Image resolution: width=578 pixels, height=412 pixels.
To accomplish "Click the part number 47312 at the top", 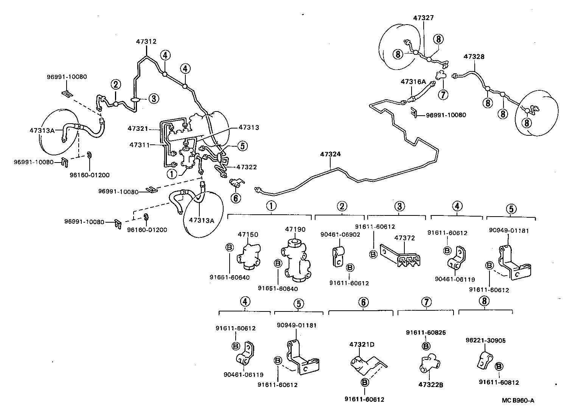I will point(146,42).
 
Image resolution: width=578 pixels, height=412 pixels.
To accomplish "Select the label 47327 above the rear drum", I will point(423,18).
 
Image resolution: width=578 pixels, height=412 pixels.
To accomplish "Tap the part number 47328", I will point(474,57).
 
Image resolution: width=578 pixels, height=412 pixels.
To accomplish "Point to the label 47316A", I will point(413,81).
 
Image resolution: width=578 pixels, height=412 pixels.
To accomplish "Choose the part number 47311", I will point(140,145).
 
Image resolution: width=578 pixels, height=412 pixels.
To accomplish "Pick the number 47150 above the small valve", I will point(248,235).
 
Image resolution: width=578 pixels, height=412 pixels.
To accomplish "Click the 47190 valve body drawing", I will point(295,261).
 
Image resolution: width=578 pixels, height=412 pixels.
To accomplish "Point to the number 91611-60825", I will point(426,333).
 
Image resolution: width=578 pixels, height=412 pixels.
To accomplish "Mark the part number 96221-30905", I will point(485,340).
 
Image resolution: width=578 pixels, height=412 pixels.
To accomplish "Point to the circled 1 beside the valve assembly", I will point(172,174).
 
